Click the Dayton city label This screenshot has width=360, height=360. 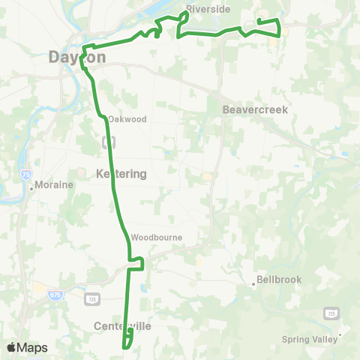click(x=76, y=57)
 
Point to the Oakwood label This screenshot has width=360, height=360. click(x=127, y=119)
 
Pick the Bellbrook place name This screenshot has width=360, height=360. click(x=278, y=280)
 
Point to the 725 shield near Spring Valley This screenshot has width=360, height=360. click(x=331, y=312)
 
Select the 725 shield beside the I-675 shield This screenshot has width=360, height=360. click(x=92, y=298)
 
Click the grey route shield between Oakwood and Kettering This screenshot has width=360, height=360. click(x=109, y=141)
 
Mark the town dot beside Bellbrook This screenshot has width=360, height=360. click(x=254, y=284)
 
